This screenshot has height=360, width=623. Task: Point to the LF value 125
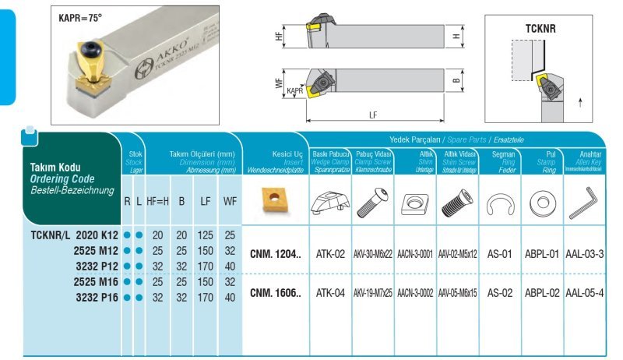point(206,235)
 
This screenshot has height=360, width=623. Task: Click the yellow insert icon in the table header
point(276,198)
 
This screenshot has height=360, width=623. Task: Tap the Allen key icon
point(585,204)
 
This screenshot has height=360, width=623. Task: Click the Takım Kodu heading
point(55,167)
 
